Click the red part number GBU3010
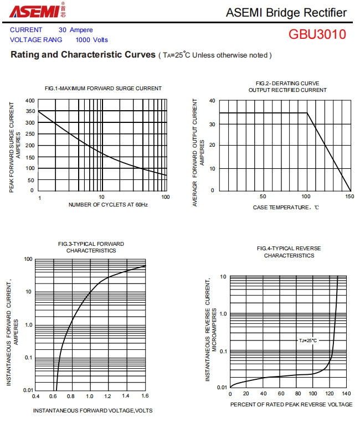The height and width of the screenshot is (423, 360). [x=317, y=34]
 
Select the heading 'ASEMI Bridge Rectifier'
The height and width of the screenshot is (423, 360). [x=286, y=13]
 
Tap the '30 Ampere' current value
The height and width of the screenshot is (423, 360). [x=76, y=30]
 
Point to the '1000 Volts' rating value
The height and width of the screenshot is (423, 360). [x=92, y=40]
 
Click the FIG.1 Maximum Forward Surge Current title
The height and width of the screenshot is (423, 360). [x=103, y=88]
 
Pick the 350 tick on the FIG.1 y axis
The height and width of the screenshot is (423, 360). [x=29, y=111]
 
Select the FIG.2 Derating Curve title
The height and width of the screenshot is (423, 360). [x=287, y=86]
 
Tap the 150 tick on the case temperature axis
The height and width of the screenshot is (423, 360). [x=349, y=197]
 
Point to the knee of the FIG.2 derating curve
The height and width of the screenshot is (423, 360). [x=307, y=113]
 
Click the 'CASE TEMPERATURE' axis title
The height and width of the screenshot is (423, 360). [x=286, y=208]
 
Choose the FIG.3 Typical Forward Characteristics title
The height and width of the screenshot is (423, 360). [x=91, y=247]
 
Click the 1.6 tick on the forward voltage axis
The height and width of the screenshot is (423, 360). [x=145, y=396]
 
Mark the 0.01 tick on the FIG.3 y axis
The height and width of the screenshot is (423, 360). [x=28, y=390]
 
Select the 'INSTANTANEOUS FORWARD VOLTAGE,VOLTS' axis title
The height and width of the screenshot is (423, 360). [x=92, y=410]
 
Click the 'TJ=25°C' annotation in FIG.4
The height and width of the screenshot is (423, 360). [x=308, y=341]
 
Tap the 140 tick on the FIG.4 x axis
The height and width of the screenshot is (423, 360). [x=347, y=394]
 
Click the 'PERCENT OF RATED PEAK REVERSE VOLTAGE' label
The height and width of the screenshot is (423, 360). [x=291, y=405]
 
